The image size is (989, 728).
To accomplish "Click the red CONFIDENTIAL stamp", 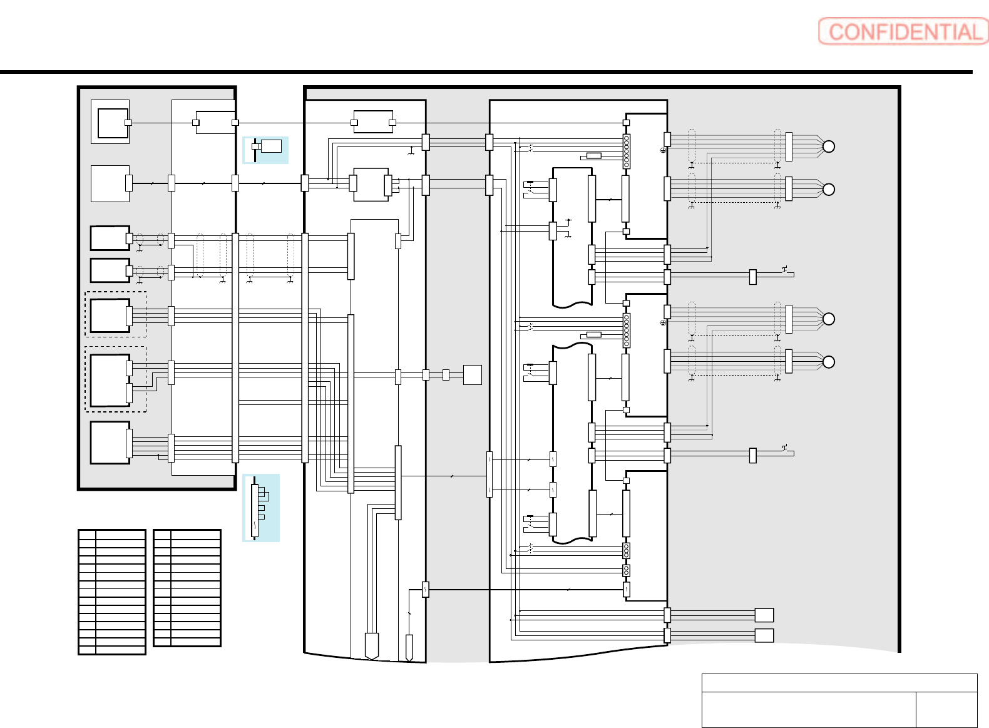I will point(903,31).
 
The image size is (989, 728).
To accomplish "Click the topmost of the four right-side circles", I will point(828,146).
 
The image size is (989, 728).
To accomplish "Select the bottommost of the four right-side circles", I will point(828,362).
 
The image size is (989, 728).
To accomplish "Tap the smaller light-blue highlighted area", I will point(266,150).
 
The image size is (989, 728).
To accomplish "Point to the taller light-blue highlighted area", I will point(261,508).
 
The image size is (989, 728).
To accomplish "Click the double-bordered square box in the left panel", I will point(111,122).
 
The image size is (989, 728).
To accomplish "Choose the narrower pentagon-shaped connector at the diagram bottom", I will point(409,648).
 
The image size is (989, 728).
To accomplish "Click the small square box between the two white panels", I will point(472,375).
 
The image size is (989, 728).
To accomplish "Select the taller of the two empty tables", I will point(112,592).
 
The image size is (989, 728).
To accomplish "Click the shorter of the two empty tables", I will point(187,588).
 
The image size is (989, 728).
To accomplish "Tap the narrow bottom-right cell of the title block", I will point(946,709).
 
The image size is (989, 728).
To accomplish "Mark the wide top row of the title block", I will point(839,683).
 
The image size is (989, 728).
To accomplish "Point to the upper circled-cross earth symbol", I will point(663,151).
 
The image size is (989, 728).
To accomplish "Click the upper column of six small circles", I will point(626,151).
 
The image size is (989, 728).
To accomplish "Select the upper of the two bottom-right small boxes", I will point(764,615).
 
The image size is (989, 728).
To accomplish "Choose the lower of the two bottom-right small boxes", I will point(764,635).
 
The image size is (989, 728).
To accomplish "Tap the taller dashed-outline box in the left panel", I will point(116,379).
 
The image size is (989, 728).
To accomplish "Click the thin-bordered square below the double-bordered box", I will point(110,183).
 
